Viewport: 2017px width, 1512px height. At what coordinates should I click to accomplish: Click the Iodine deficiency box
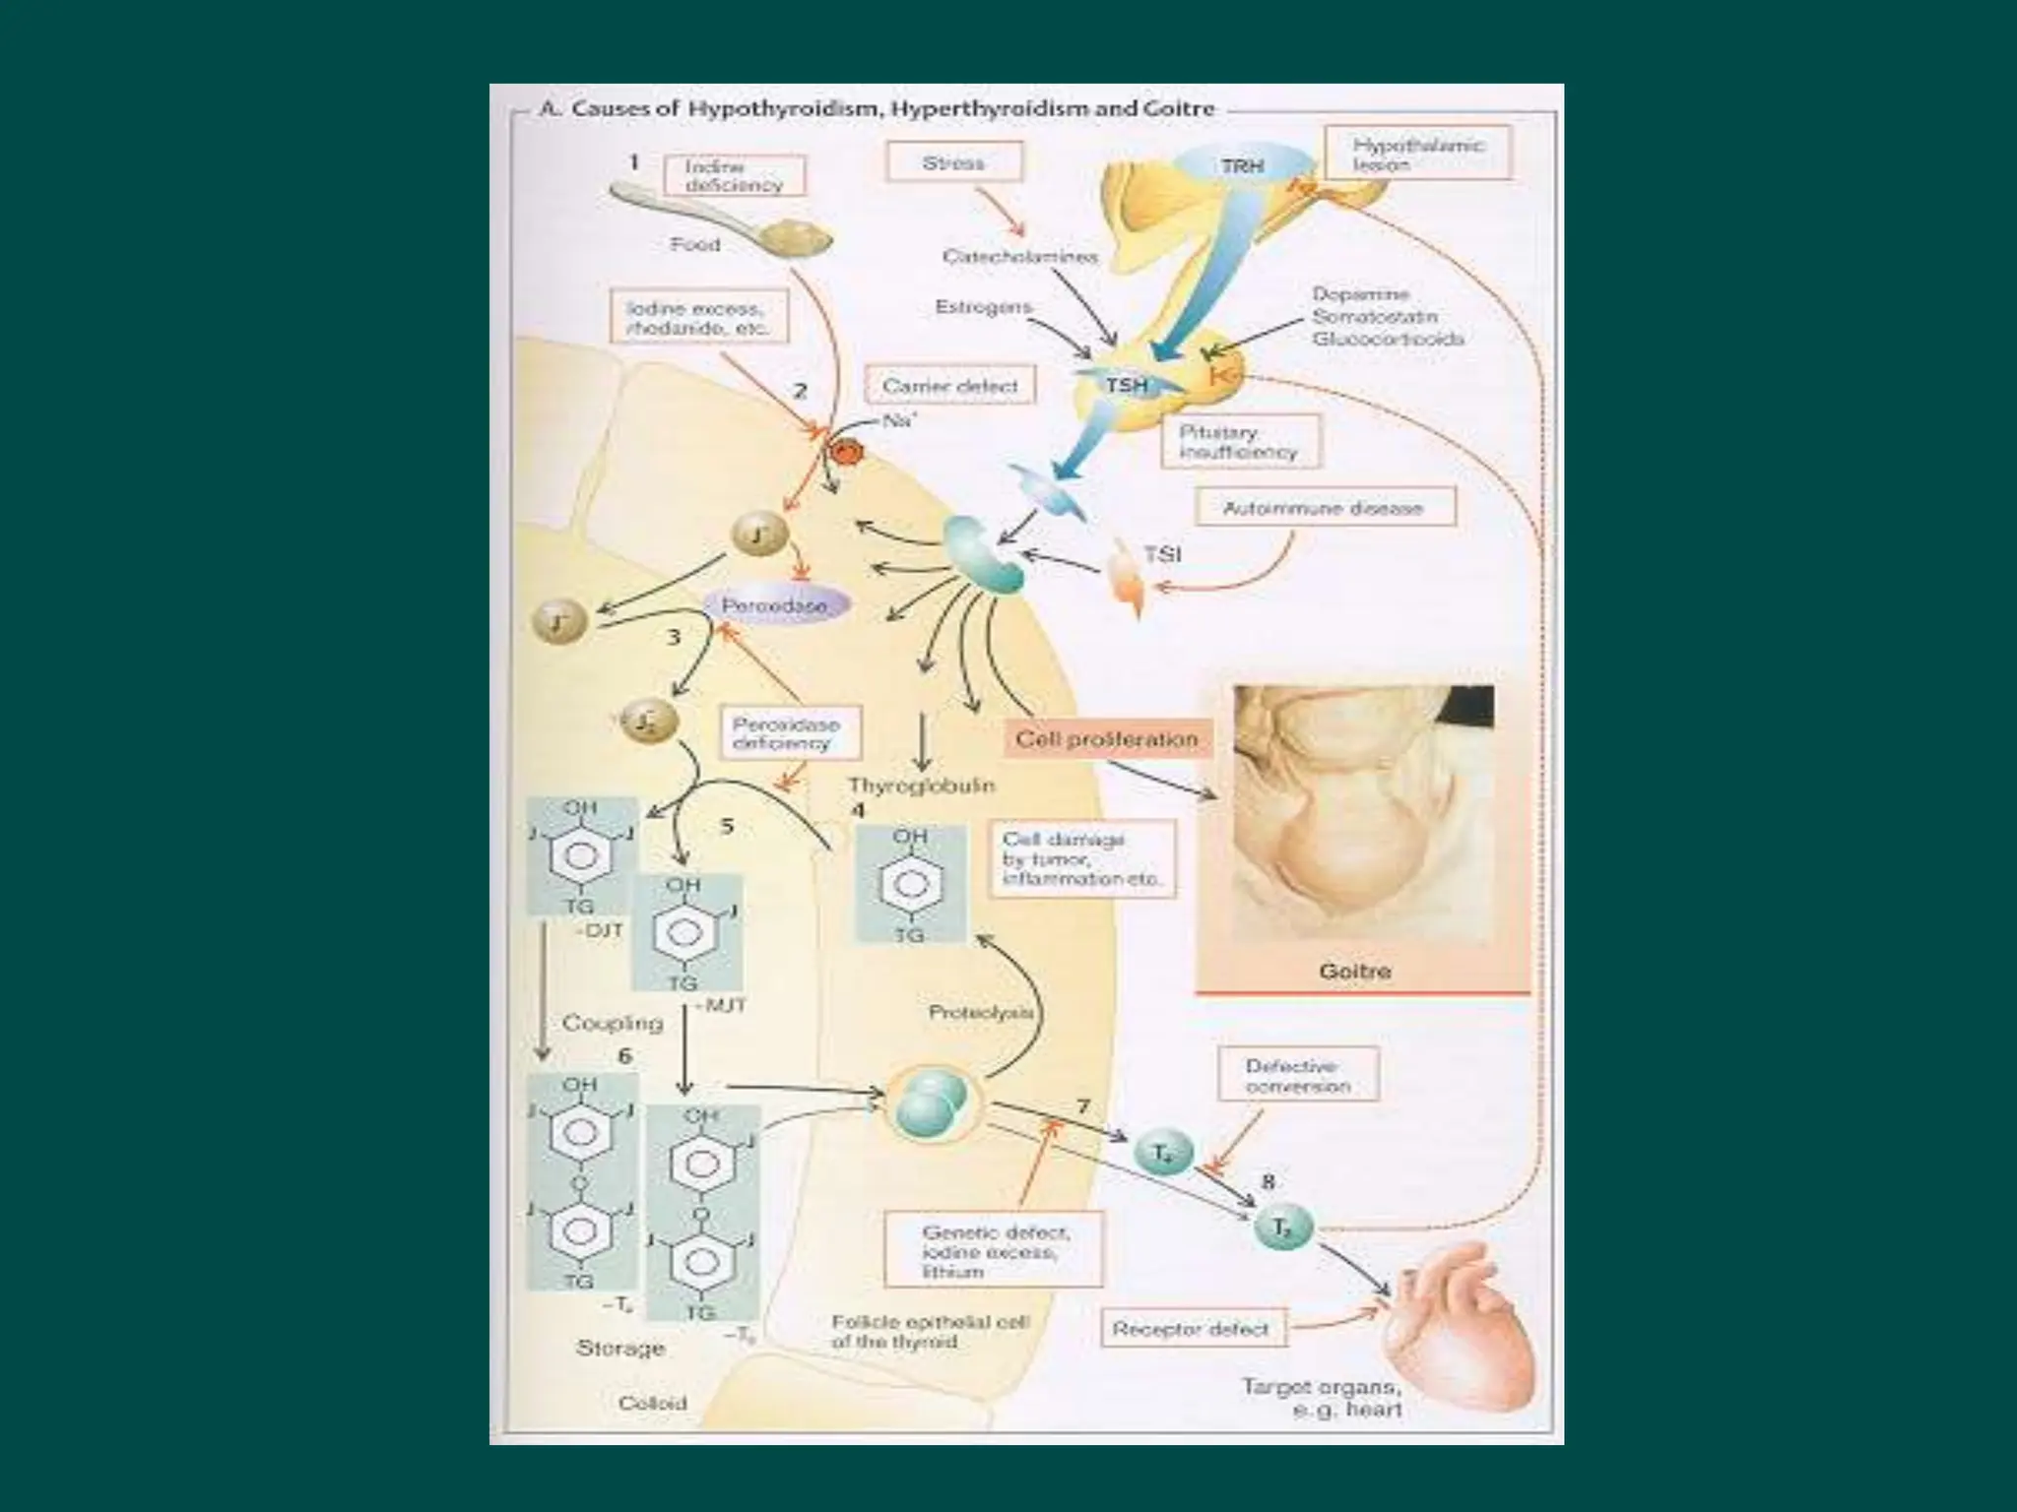click(x=734, y=176)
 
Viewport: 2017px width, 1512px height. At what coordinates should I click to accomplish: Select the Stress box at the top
click(x=953, y=162)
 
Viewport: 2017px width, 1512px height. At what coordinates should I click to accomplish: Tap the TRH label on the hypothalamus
click(x=1242, y=166)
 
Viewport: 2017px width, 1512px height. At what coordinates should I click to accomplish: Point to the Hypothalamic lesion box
click(x=1416, y=155)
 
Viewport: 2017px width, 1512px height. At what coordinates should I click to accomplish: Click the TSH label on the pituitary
click(x=1127, y=385)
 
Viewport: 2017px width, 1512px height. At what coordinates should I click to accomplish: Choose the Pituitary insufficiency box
click(x=1238, y=442)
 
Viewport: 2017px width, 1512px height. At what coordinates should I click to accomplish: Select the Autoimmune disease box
click(x=1323, y=509)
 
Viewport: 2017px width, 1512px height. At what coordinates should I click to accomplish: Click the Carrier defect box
click(x=949, y=386)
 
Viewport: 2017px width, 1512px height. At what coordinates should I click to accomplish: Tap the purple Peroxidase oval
click(x=775, y=605)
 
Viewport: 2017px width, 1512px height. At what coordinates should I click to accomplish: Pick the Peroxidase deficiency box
click(x=786, y=733)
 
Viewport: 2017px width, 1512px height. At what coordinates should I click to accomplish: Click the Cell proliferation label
click(x=1106, y=738)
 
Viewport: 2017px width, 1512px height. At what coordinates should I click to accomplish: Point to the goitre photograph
click(x=1363, y=817)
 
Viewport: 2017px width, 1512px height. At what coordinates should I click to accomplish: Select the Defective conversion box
click(x=1297, y=1076)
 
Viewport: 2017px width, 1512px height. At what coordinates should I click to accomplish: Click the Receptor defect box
click(x=1191, y=1329)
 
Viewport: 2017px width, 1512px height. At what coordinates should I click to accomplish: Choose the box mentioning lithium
click(x=993, y=1251)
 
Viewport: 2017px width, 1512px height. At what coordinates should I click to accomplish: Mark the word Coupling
click(x=613, y=1023)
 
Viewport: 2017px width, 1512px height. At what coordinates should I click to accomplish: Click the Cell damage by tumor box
click(x=1080, y=858)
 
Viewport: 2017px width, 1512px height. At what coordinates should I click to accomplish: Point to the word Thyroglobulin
click(x=922, y=786)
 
